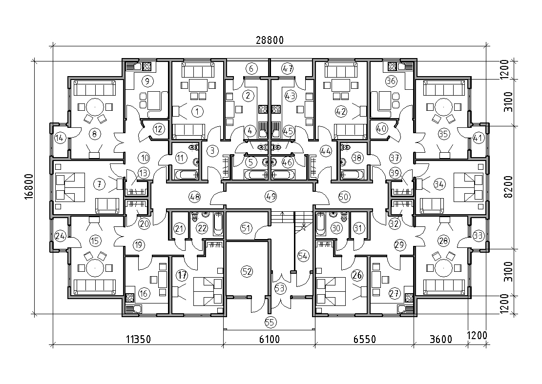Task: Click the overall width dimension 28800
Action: tap(270, 40)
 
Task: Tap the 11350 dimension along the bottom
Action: tap(138, 340)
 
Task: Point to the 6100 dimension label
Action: tap(270, 340)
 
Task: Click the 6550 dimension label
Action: tap(364, 340)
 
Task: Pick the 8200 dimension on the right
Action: tap(508, 186)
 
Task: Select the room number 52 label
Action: tap(247, 271)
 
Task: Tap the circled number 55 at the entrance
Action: tap(271, 323)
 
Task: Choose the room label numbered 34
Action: tap(439, 184)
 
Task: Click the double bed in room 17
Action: tap(208, 291)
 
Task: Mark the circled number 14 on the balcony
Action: tap(60, 139)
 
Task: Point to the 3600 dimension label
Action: tap(441, 340)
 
